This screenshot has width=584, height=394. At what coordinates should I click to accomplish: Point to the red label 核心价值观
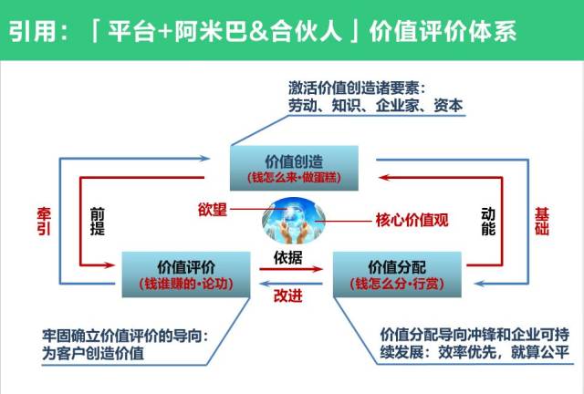click(412, 220)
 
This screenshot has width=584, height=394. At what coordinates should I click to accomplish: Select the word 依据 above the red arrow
click(290, 254)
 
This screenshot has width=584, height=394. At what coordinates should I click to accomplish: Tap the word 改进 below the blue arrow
click(290, 295)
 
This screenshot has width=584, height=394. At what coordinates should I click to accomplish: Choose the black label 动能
click(487, 220)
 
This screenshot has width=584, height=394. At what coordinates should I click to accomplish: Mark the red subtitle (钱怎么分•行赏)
click(393, 285)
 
